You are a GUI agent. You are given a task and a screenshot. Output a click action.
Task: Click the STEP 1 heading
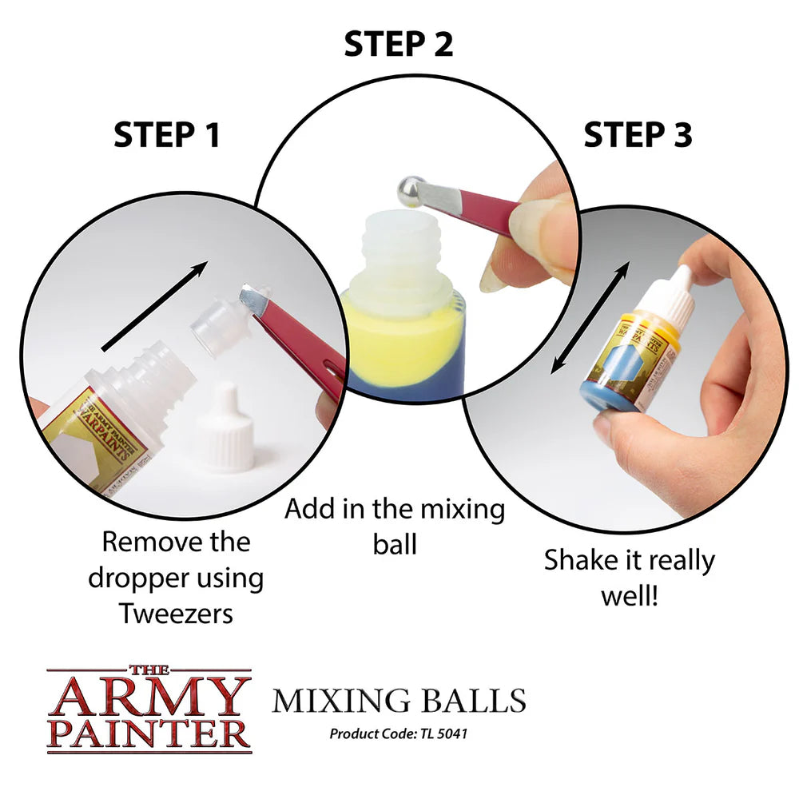(166, 135)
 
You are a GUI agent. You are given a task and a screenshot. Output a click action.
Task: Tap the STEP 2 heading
(398, 44)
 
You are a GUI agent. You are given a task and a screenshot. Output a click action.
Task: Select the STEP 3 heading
(637, 135)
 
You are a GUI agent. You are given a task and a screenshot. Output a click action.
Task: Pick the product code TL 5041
(398, 733)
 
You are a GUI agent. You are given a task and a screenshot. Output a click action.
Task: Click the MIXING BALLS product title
(398, 700)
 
